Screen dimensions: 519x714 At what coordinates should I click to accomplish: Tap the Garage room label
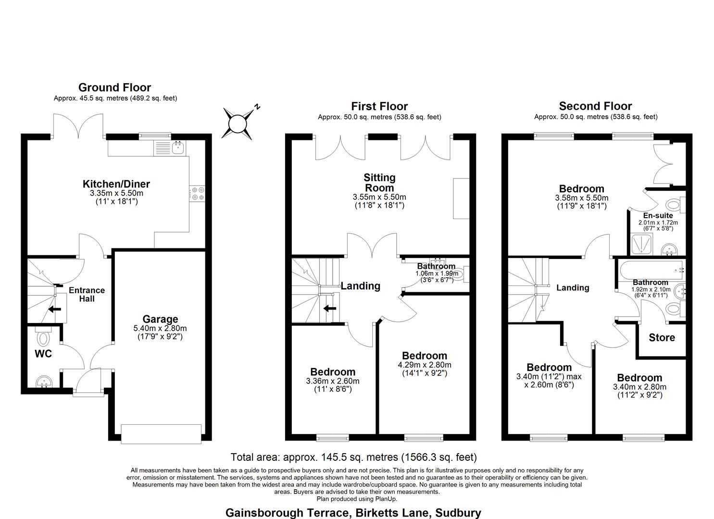[160, 319]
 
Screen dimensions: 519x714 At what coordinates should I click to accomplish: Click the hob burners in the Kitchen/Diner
[198, 193]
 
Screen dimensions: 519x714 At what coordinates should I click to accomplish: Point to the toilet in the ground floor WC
[43, 337]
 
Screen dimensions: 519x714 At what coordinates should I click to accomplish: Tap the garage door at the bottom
[161, 433]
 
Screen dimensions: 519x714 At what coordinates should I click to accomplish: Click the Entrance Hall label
[87, 295]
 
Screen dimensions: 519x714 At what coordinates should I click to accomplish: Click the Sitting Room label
[379, 183]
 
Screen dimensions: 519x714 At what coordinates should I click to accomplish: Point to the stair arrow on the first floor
[330, 309]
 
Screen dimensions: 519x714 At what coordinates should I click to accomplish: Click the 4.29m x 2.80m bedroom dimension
[425, 365]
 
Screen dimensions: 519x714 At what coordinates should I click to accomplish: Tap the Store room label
[662, 338]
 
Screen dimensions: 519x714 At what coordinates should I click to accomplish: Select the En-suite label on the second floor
[658, 216]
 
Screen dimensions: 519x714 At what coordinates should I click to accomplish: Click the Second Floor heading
[595, 106]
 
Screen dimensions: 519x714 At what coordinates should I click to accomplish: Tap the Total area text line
[353, 457]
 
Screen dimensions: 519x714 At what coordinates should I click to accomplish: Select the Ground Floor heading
[114, 87]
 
